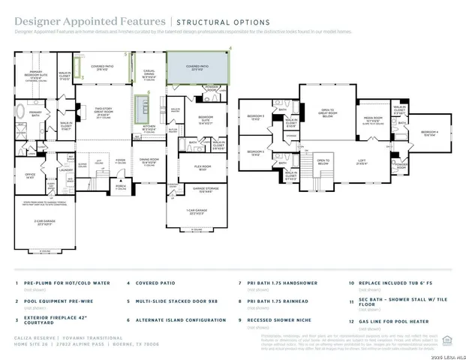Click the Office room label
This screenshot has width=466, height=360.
click(31, 176)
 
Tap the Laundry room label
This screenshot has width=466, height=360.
click(65, 170)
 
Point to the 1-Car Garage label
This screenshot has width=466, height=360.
click(197, 212)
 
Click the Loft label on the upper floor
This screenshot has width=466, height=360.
click(361, 160)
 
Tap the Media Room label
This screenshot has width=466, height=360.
click(373, 118)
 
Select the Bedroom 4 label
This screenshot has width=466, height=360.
click(429, 133)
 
